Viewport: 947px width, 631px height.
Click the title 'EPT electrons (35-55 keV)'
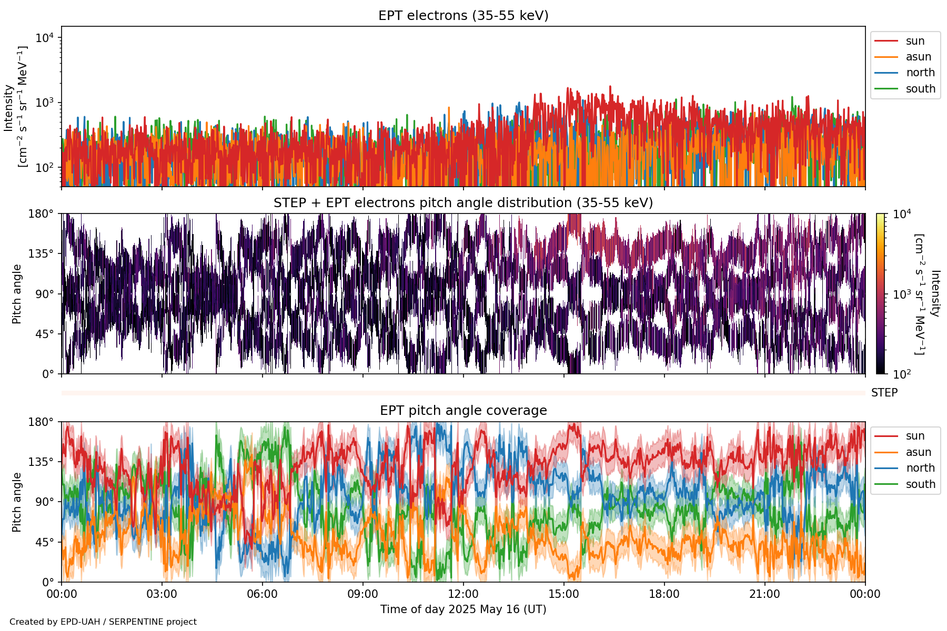(x=463, y=16)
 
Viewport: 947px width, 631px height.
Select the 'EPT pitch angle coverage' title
(x=463, y=411)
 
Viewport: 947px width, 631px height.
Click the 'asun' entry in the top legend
(x=918, y=57)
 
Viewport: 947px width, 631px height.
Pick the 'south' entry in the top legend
(x=920, y=89)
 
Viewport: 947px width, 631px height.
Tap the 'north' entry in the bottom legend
(x=920, y=468)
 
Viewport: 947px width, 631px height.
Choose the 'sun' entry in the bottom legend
(x=915, y=436)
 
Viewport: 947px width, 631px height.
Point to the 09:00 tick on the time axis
(x=363, y=594)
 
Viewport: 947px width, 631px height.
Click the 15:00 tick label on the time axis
(x=564, y=594)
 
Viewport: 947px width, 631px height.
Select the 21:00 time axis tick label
(x=764, y=594)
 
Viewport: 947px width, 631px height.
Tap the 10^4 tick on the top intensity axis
(x=45, y=38)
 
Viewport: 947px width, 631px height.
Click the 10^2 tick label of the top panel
(x=45, y=168)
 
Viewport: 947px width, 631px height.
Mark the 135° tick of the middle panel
(x=41, y=254)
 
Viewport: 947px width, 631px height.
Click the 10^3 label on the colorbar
(x=902, y=294)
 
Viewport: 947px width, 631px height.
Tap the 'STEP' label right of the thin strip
(x=884, y=393)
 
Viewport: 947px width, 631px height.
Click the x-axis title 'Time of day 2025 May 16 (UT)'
(x=463, y=609)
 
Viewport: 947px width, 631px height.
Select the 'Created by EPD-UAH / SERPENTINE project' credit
(x=103, y=622)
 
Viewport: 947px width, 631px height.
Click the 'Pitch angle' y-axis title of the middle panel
(x=17, y=293)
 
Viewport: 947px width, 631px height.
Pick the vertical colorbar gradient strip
(x=880, y=293)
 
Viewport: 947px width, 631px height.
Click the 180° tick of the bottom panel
(x=41, y=422)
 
